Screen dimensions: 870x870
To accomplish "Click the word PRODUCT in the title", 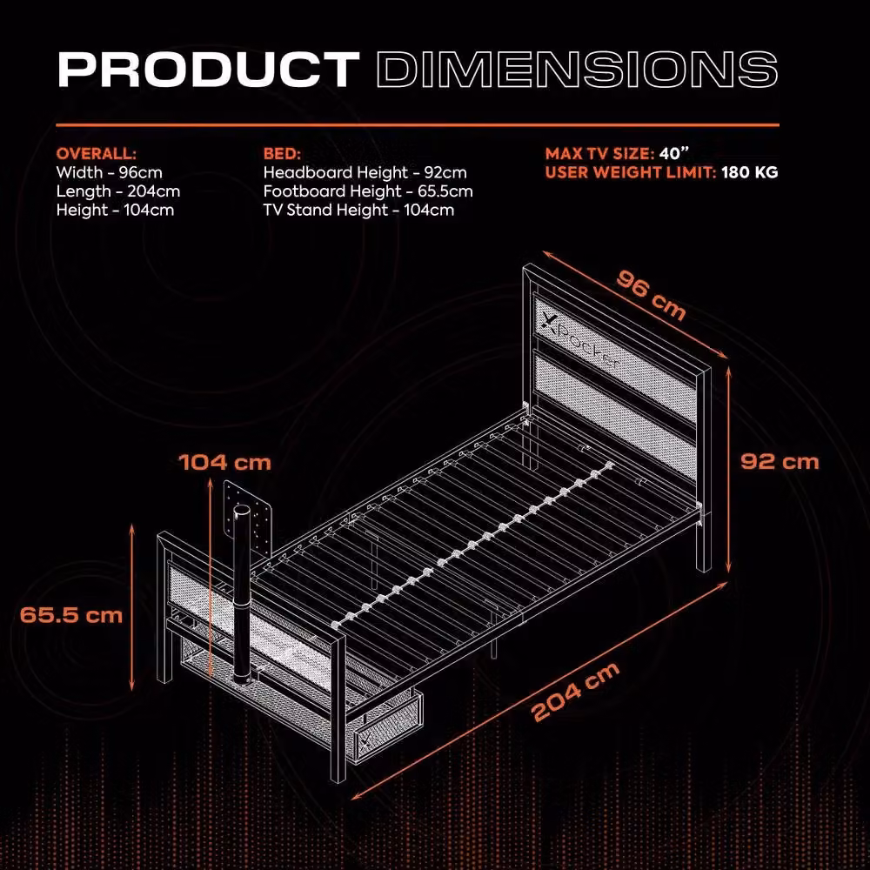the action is click(209, 70).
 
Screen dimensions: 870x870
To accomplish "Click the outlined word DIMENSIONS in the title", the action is click(577, 70).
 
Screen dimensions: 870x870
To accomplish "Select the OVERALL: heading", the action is click(96, 154).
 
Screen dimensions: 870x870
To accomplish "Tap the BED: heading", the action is click(282, 154).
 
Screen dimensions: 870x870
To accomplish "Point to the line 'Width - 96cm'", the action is click(110, 172).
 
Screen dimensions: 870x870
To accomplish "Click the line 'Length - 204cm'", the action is click(118, 191).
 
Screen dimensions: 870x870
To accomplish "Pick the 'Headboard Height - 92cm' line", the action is click(365, 172).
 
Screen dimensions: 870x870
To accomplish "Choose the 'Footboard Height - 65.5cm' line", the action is click(368, 191).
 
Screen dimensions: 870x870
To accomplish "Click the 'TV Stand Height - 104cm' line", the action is click(358, 211).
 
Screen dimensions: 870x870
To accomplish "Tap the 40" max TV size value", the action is click(673, 153).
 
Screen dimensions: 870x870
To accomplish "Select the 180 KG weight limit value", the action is click(750, 172).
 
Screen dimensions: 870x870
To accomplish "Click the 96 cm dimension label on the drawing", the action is click(651, 295).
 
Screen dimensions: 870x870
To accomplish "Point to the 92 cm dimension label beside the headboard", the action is click(780, 462).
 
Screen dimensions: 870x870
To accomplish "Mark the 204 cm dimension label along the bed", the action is click(575, 692).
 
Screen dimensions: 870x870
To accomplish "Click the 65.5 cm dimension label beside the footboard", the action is click(71, 615).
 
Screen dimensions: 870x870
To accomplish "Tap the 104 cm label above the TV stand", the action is click(224, 462).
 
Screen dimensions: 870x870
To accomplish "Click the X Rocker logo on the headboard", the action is click(579, 343).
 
